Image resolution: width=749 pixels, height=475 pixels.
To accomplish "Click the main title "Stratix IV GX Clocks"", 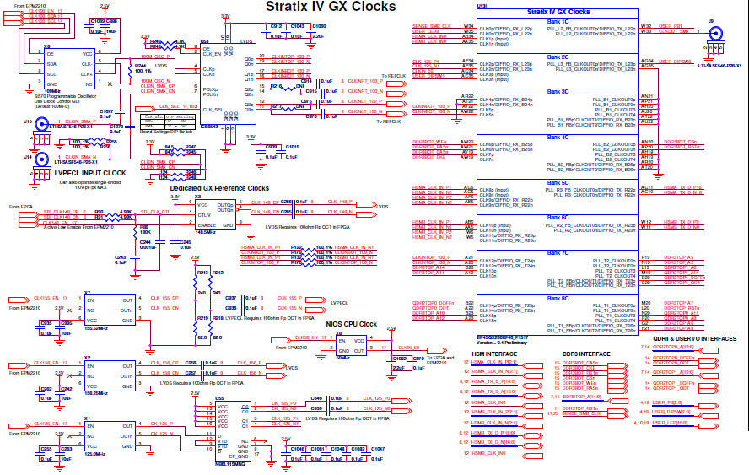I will coord(330,7).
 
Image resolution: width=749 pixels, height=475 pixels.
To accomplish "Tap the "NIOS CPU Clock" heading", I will coord(351,324).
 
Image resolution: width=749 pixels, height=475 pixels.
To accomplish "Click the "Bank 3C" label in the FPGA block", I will coord(558,94).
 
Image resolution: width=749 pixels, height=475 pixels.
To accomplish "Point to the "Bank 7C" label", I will coord(558,251).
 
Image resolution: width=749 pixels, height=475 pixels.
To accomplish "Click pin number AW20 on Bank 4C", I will coord(466,142).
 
